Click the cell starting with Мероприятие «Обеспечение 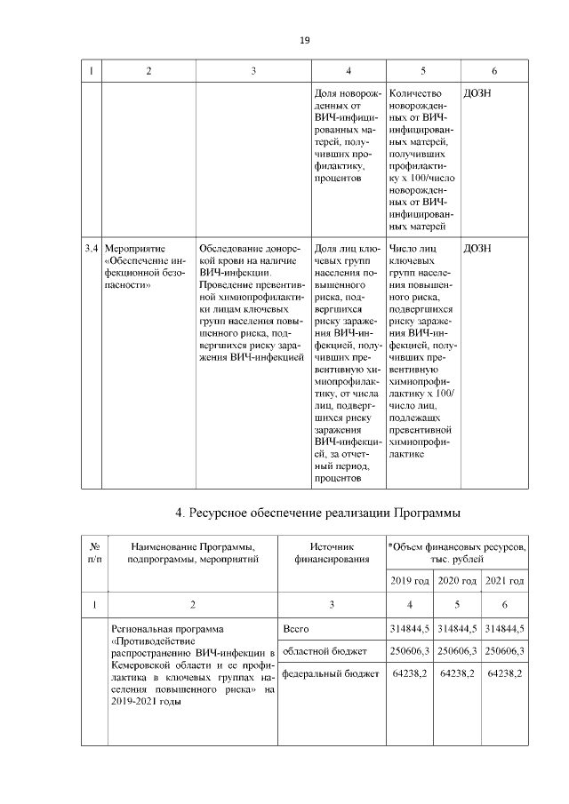[x=147, y=267]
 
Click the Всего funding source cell [x=295, y=629]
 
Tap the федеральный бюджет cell [x=324, y=675]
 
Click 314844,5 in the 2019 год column [x=409, y=629]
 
